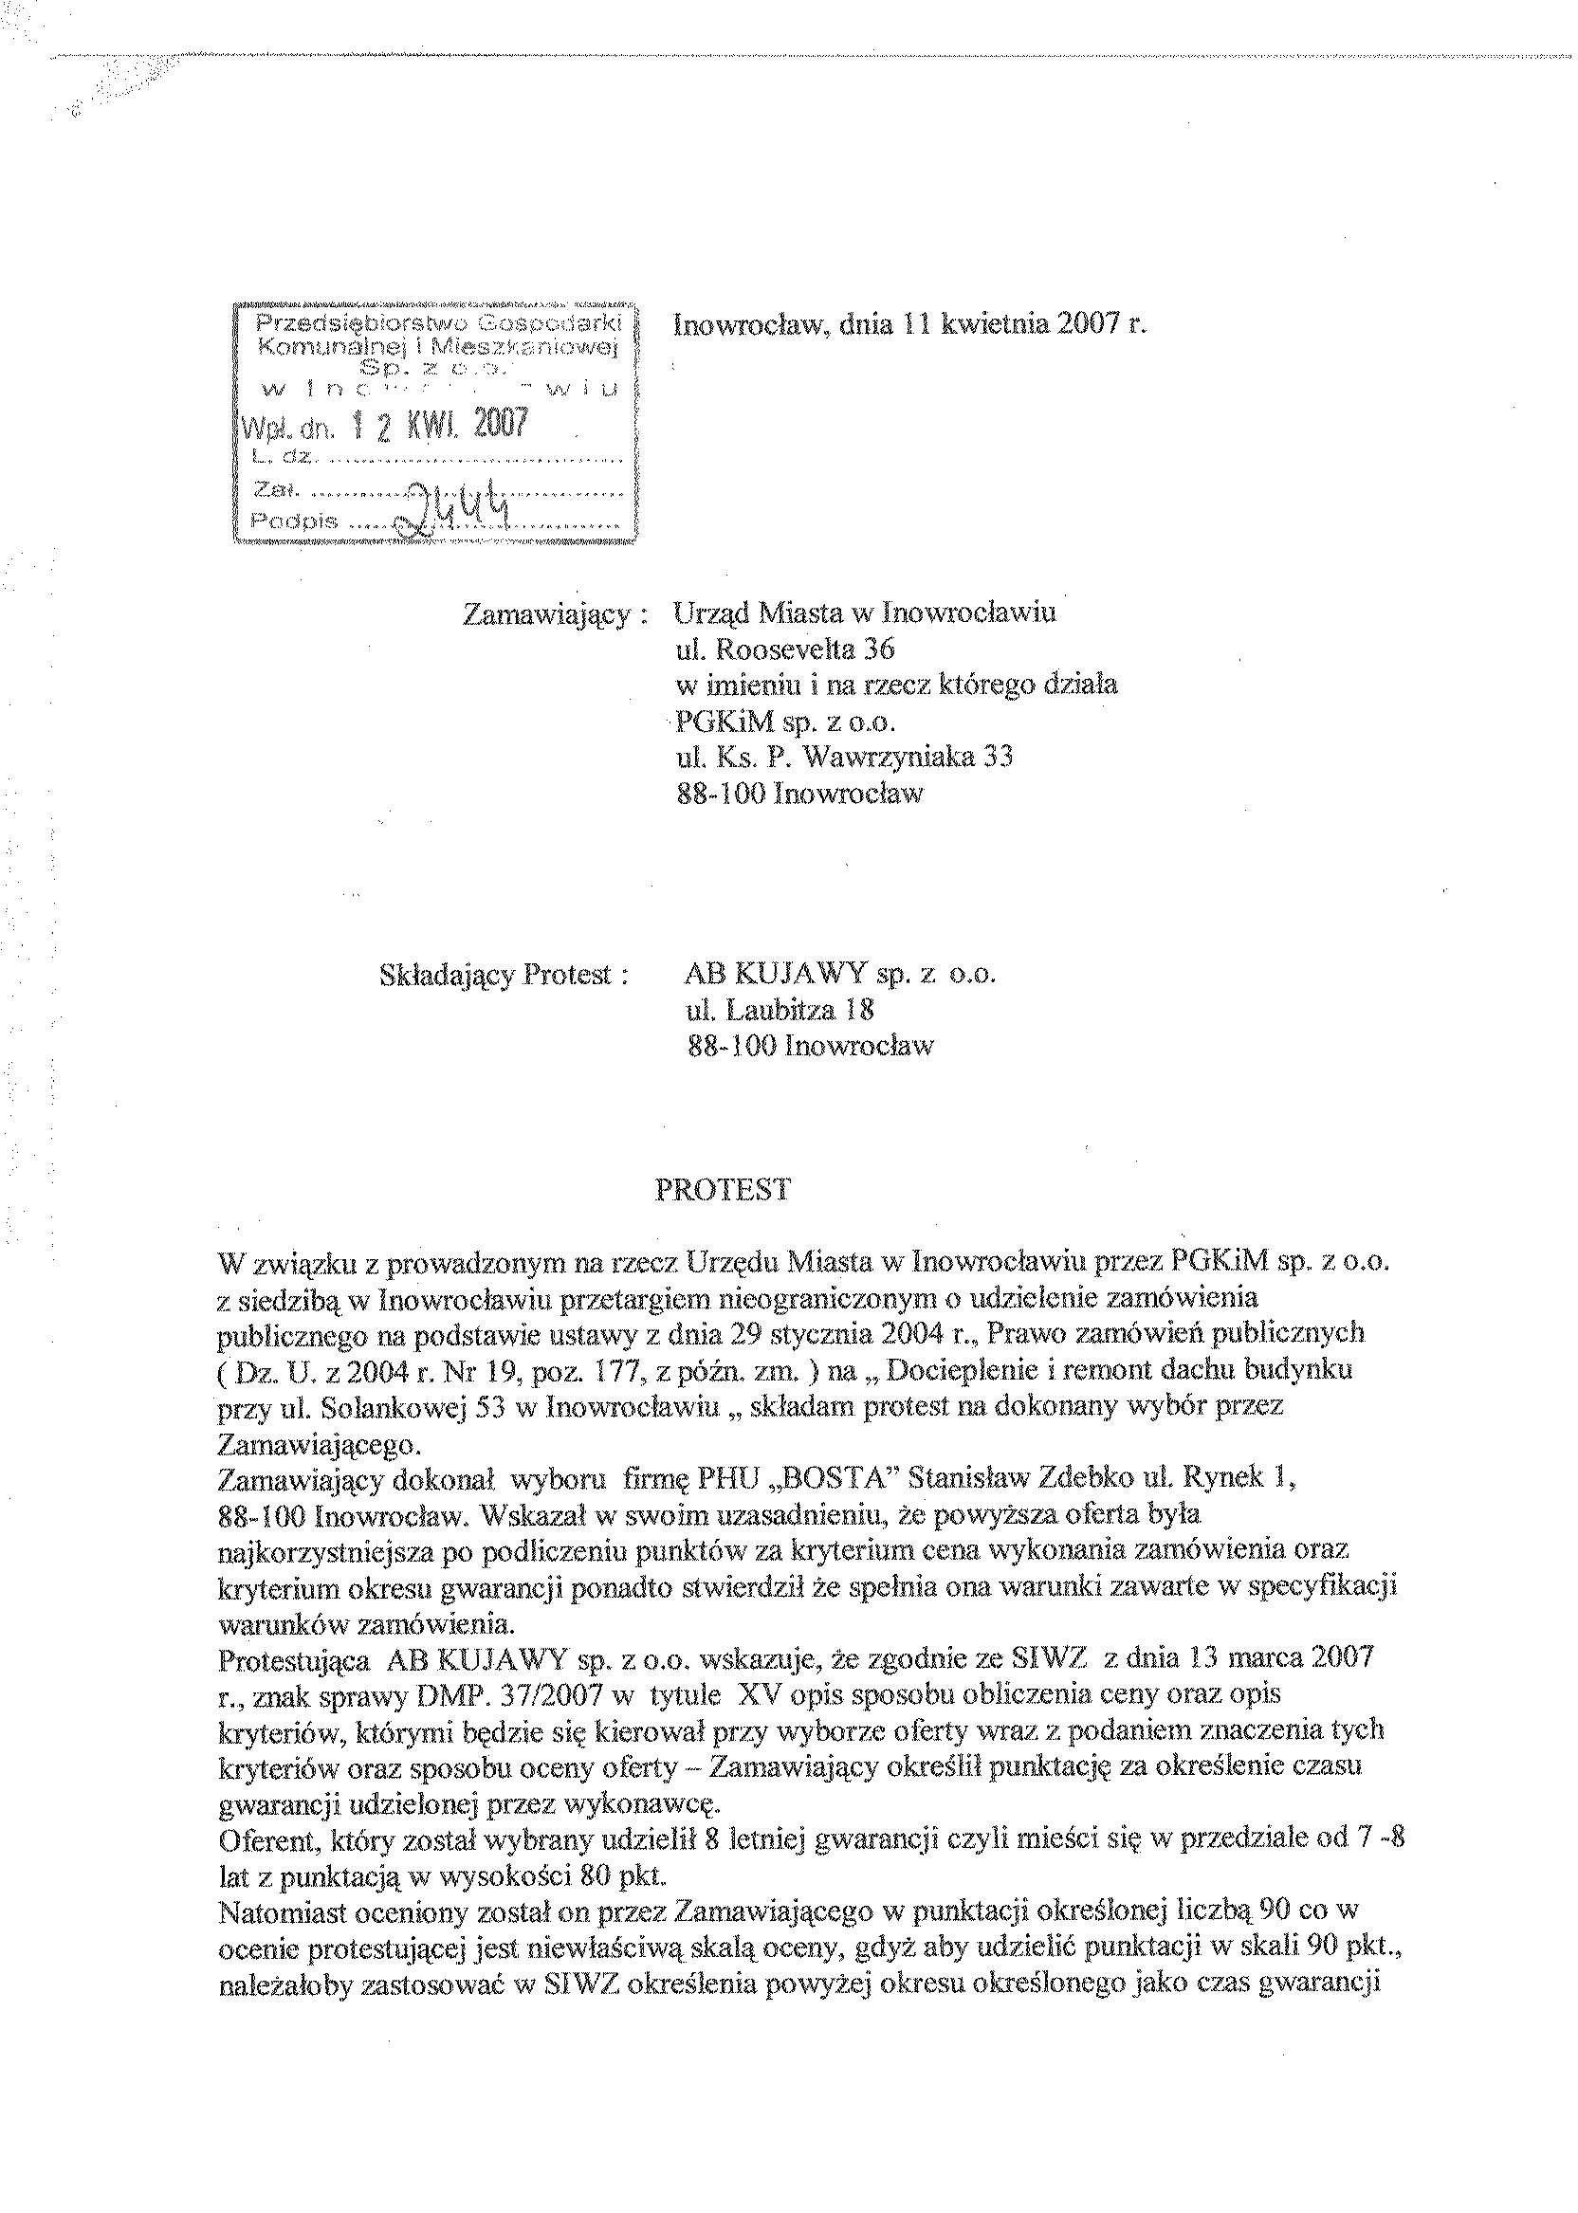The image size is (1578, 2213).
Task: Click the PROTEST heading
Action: coord(723,1190)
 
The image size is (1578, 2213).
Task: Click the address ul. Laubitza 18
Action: coord(780,1011)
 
